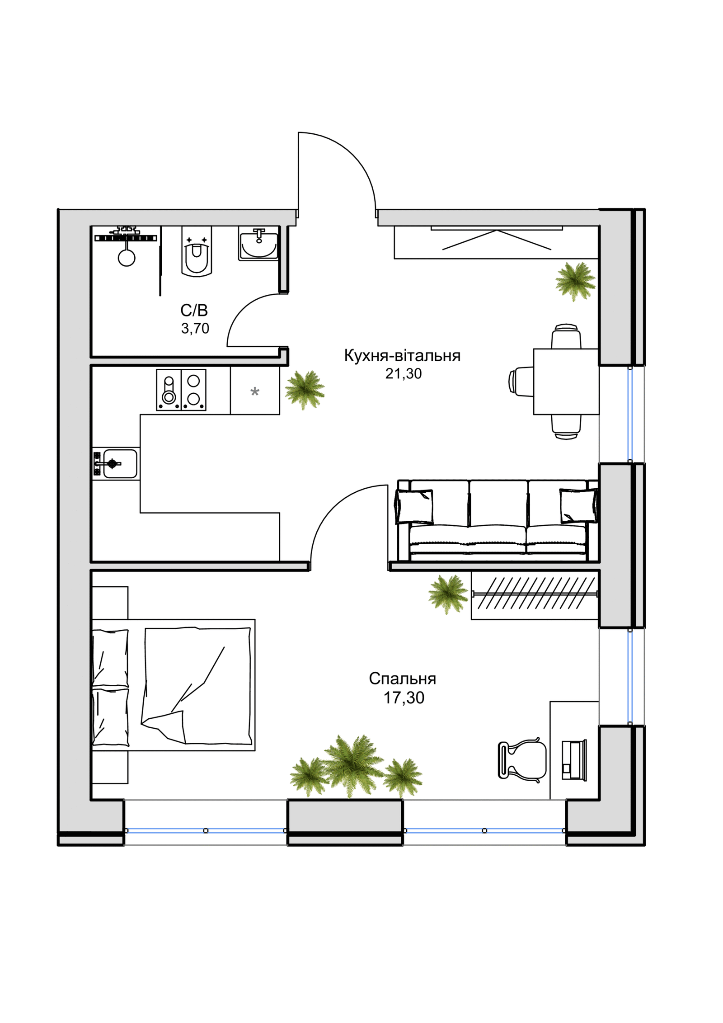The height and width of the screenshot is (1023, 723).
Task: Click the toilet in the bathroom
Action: [197, 251]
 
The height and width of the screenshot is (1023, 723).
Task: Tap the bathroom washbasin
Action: [258, 244]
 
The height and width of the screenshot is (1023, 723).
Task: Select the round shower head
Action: [127, 258]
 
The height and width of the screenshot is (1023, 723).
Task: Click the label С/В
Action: [194, 310]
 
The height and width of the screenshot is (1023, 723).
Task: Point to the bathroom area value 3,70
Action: [195, 329]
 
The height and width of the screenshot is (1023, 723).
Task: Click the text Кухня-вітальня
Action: [402, 356]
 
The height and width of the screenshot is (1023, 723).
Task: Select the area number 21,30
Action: [404, 373]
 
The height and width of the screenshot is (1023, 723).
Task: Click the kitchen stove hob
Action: [181, 390]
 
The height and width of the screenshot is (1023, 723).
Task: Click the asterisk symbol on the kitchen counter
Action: [255, 392]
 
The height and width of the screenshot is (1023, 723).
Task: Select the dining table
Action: [566, 382]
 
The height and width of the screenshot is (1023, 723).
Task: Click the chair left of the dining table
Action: [521, 382]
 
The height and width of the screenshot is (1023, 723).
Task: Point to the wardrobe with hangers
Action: [535, 595]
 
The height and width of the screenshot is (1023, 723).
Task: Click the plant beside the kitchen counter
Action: [305, 390]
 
